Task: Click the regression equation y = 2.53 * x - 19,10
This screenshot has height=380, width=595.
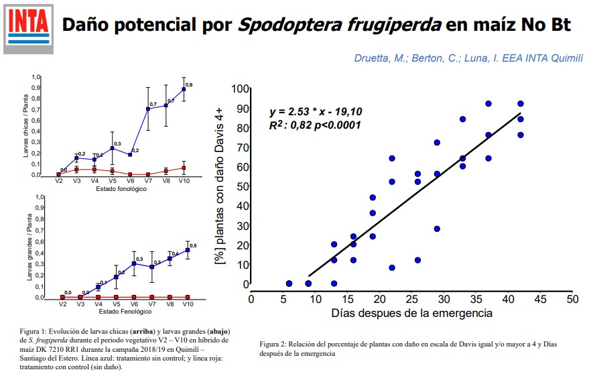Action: tap(316, 111)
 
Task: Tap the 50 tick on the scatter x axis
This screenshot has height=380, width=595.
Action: tap(572, 298)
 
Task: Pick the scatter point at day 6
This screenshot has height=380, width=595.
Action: tap(289, 283)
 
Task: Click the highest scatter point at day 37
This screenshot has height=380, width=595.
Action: tap(488, 104)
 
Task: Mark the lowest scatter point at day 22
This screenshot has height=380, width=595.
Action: tap(391, 267)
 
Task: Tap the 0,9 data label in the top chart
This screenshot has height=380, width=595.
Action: tap(189, 84)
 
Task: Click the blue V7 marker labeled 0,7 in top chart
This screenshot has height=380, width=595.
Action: tap(148, 109)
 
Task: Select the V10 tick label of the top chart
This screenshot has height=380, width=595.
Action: tap(184, 181)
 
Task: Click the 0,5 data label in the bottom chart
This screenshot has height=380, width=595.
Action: tap(193, 246)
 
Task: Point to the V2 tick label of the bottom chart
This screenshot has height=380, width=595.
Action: tap(62, 304)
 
